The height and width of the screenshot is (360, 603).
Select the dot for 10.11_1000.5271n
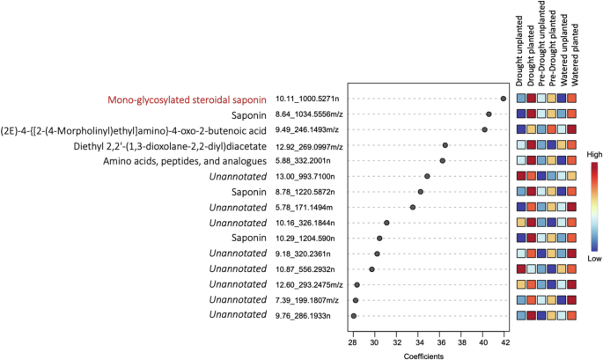coord(503,99)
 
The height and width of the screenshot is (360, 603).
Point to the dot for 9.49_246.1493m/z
coord(484,129)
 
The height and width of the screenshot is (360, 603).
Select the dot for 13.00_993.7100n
coord(427,176)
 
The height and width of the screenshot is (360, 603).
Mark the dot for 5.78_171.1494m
coord(412,207)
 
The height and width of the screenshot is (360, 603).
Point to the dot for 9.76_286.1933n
coord(354,314)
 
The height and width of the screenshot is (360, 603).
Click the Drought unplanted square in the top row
coord(521,99)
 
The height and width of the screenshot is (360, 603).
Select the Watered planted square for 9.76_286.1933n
coord(573,314)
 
